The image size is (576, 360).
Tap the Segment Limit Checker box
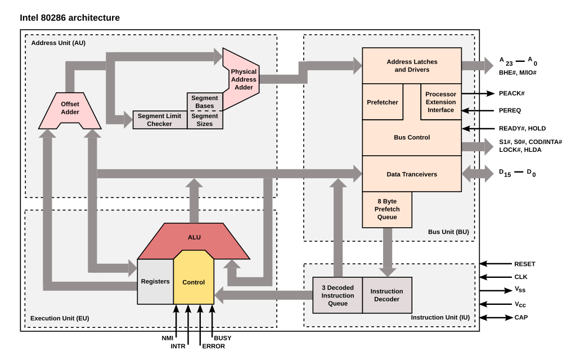160,120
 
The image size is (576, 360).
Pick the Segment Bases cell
205,102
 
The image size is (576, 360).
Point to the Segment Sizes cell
205,120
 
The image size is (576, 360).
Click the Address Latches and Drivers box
412,66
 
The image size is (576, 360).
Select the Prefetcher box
382,102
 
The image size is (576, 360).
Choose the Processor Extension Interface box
440,102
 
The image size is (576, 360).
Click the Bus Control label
412,138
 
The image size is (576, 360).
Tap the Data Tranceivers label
412,174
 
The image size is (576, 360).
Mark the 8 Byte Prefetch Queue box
386,209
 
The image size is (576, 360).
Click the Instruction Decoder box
387,295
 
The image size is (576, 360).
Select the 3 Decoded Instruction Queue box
337,295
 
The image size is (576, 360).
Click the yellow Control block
193,282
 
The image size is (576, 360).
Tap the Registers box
155,281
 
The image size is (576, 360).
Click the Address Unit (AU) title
58,43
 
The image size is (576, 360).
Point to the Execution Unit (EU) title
60,318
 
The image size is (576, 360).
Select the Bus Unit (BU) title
448,232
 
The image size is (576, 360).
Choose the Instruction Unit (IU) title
440,317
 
